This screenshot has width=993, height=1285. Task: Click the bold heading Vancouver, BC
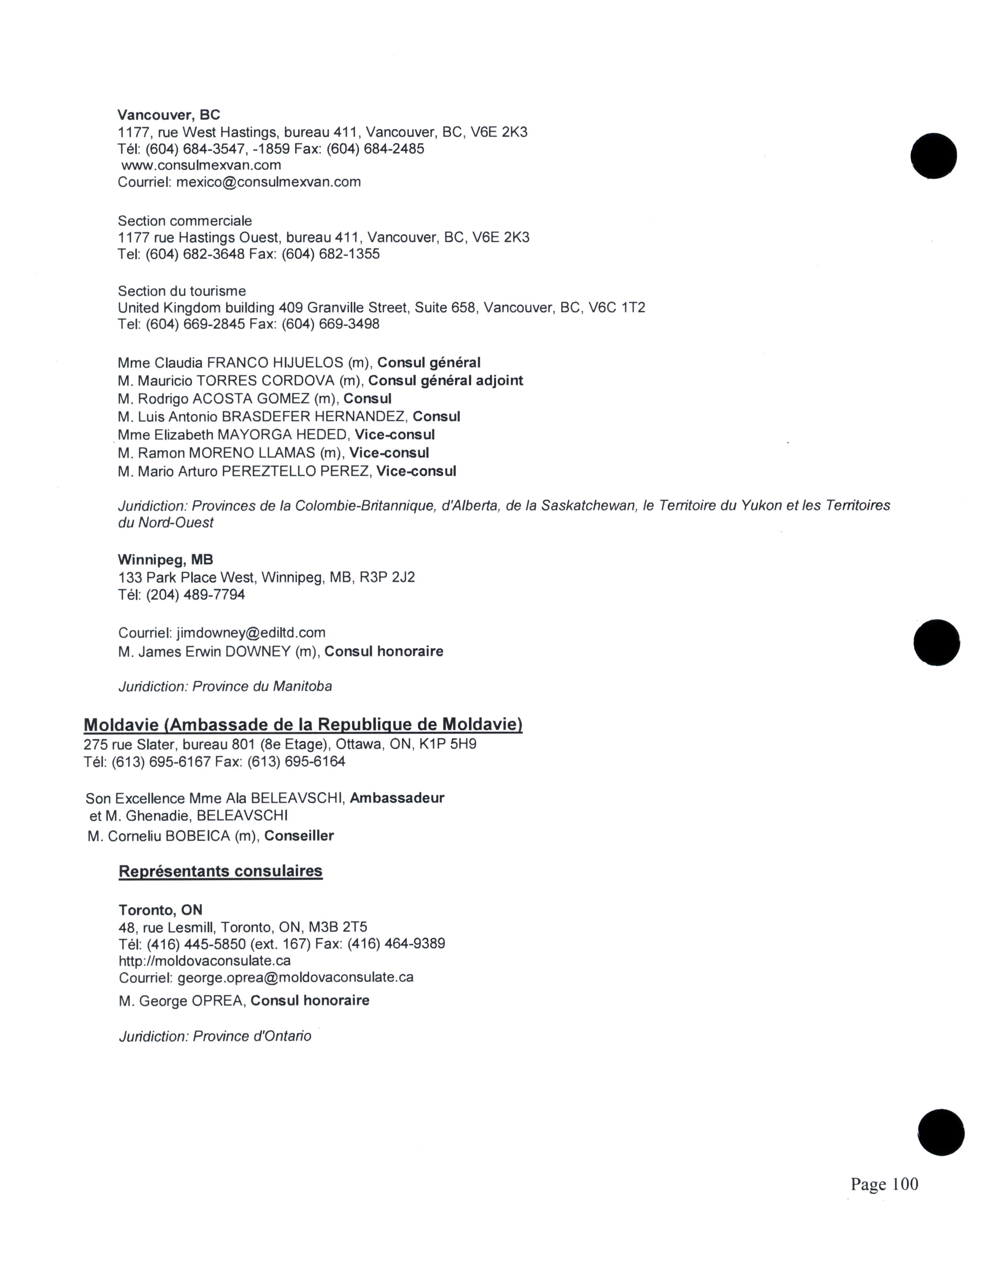tap(169, 115)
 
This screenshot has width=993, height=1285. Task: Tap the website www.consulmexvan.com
tap(201, 165)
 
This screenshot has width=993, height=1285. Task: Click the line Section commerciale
tap(185, 221)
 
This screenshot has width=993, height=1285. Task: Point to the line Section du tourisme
tap(182, 291)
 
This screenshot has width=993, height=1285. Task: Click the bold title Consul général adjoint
tap(445, 381)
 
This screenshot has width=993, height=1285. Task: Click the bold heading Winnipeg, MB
tap(165, 560)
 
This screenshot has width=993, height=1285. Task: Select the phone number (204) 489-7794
tap(195, 595)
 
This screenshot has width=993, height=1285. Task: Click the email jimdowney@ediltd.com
tap(251, 633)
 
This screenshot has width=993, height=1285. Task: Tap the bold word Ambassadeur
tap(397, 798)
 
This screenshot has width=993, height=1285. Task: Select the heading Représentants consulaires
tap(220, 871)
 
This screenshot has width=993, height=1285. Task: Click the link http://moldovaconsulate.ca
tap(205, 961)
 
